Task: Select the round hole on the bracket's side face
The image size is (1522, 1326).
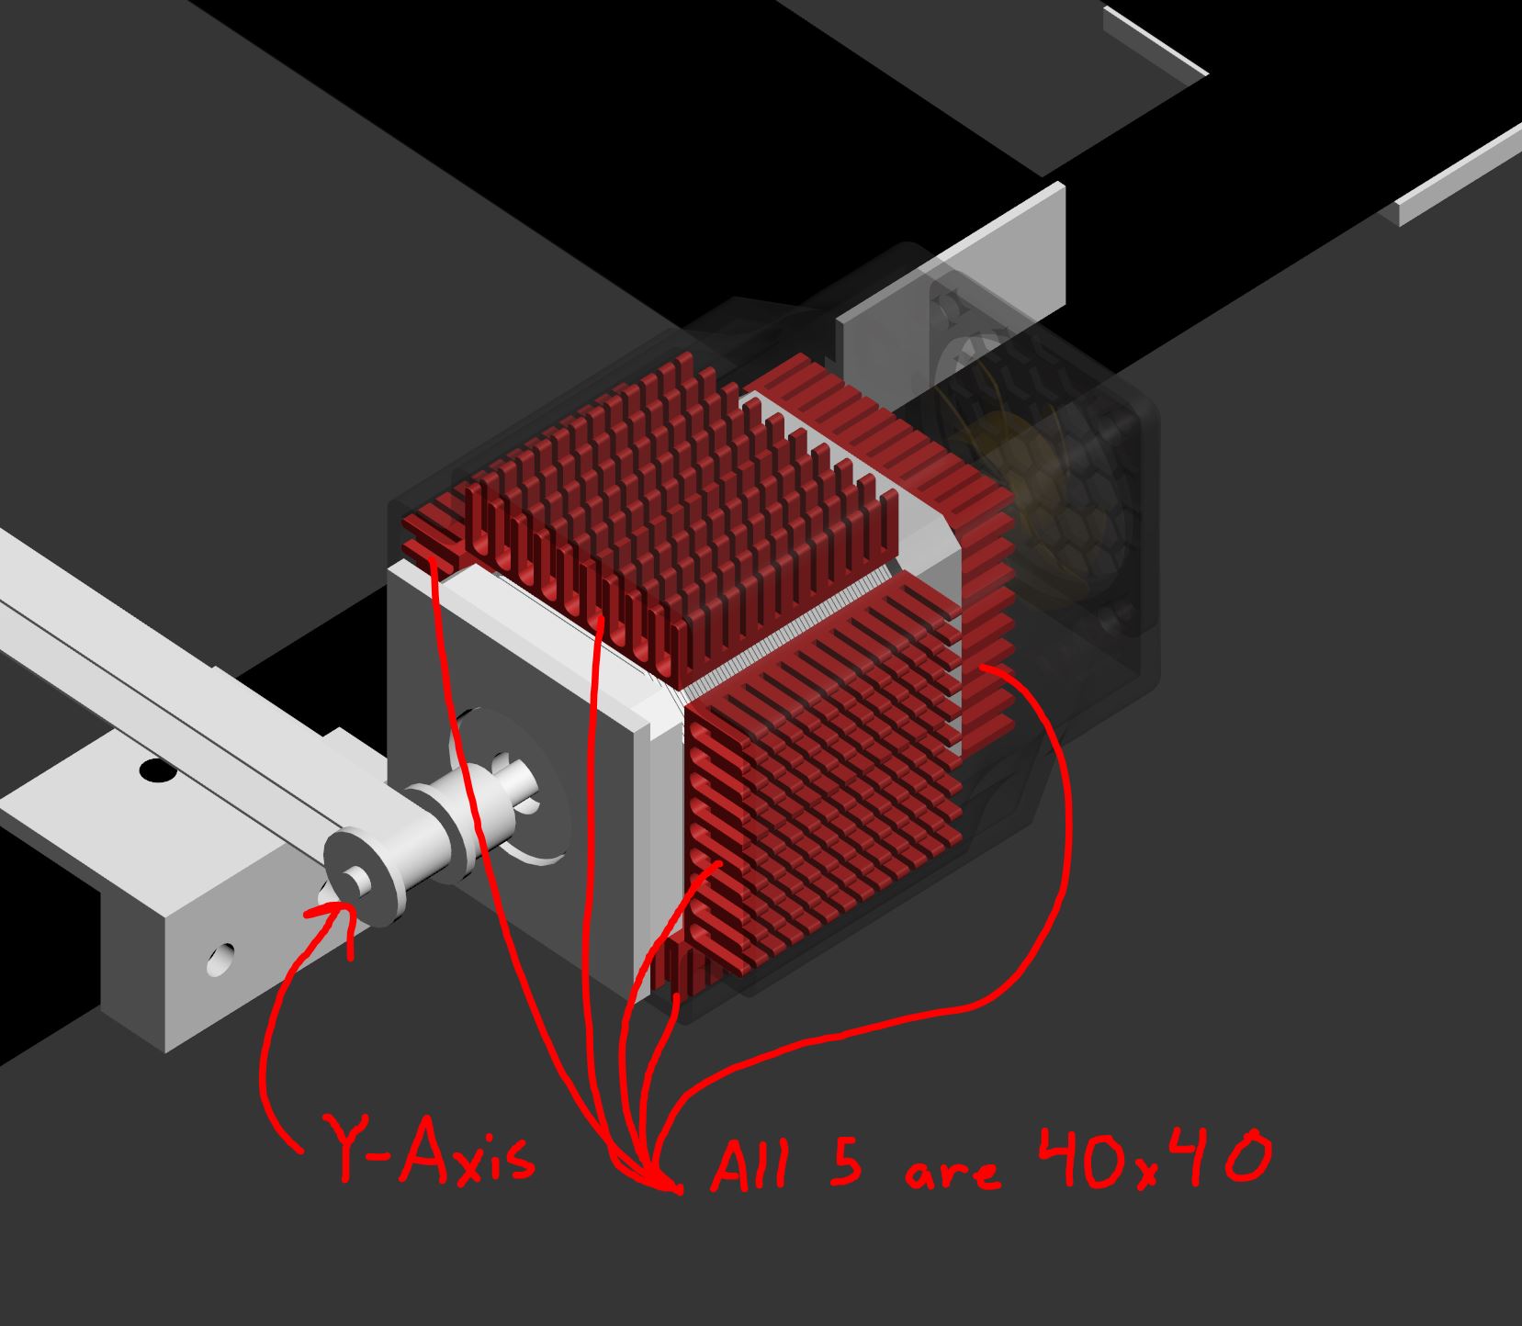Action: click(x=219, y=961)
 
